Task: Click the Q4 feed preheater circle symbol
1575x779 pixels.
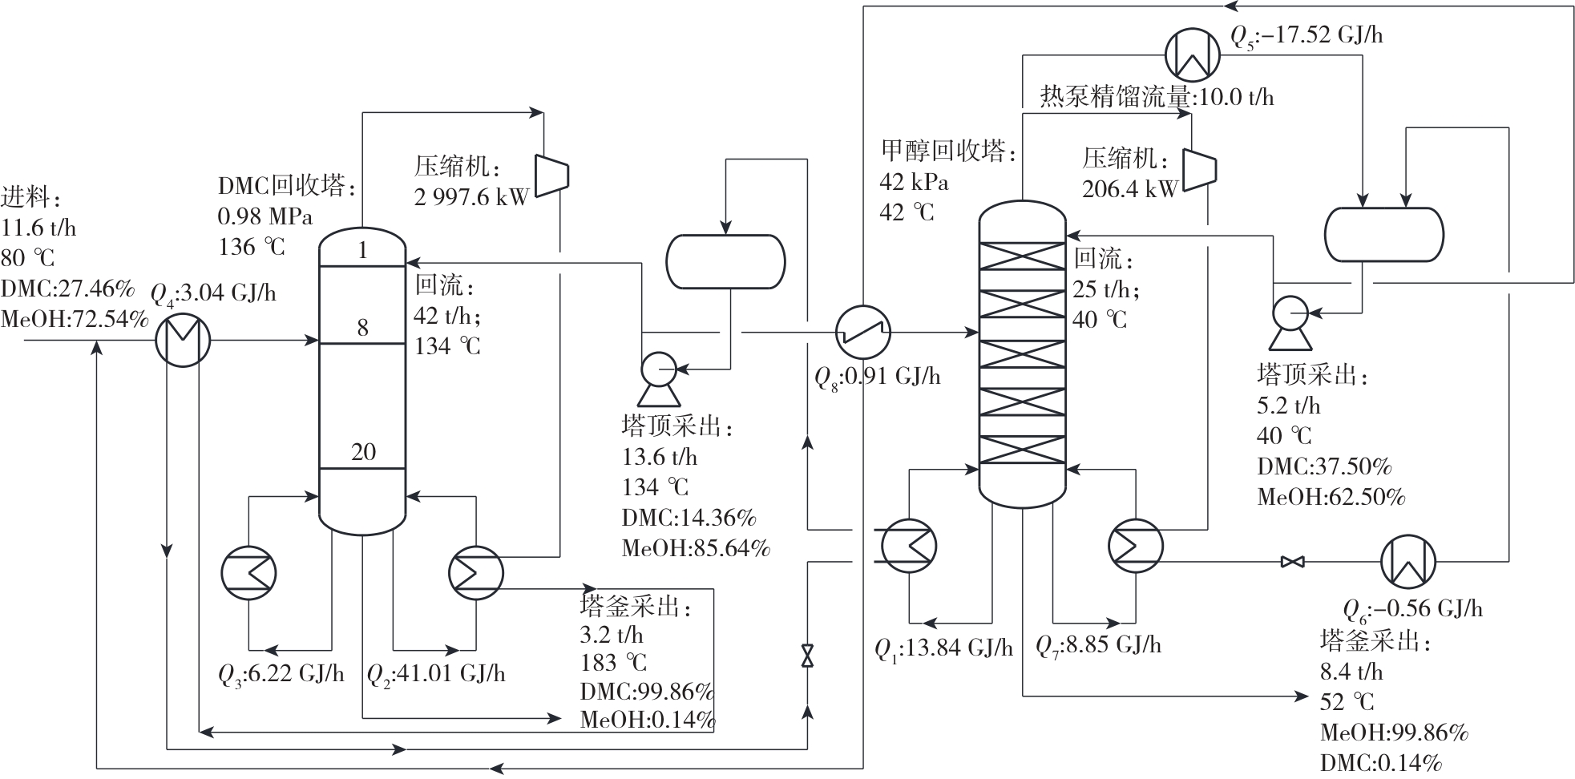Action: tap(183, 340)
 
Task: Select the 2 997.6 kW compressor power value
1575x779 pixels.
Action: tap(471, 197)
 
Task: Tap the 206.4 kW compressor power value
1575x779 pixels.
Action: tap(1129, 189)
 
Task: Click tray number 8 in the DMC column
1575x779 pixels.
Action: tap(363, 327)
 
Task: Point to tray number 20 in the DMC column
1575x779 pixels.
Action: tap(363, 452)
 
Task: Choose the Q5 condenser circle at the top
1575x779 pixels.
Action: tap(1192, 55)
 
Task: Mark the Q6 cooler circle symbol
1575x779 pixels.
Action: tap(1408, 562)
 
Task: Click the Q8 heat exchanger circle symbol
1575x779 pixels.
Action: tap(863, 332)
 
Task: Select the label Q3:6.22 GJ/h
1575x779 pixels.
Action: tap(281, 674)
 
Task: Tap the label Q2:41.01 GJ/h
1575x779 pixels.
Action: tap(436, 674)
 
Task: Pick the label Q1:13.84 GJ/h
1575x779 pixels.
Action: tap(943, 648)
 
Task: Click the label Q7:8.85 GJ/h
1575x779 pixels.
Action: tap(1098, 644)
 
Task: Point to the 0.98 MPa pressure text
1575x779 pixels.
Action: tap(265, 216)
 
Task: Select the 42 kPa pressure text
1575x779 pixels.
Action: tap(914, 183)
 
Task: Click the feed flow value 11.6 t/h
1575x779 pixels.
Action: tap(38, 228)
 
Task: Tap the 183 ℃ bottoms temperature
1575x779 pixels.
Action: tap(613, 664)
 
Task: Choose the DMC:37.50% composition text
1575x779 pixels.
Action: tap(1324, 466)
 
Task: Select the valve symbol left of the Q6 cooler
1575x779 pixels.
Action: tap(1292, 562)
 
